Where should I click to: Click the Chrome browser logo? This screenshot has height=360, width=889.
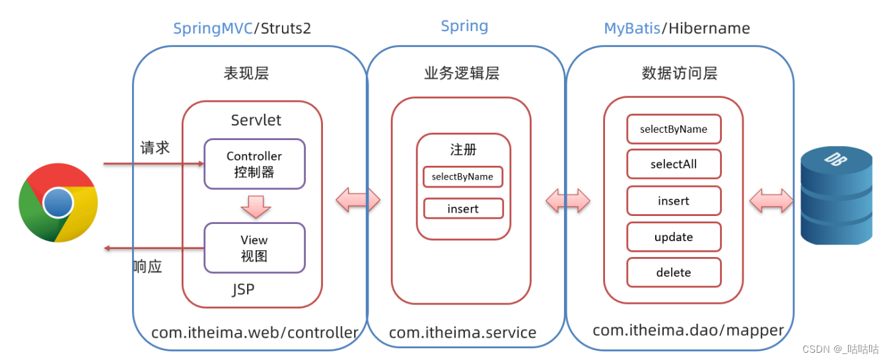58,203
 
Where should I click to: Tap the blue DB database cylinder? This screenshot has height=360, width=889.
836,196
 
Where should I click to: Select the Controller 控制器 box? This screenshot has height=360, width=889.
254,164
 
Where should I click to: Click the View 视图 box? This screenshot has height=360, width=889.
254,248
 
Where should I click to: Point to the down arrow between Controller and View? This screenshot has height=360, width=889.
255,206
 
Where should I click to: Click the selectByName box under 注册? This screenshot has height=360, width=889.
462,177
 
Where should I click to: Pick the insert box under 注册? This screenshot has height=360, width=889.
463,209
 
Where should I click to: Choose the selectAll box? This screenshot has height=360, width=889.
674,164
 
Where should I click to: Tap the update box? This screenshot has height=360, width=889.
674,237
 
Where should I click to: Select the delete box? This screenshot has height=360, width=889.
674,272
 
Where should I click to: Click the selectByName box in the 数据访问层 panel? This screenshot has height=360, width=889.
674,129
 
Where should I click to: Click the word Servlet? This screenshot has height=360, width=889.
256,120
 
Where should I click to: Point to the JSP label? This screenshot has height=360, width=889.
243,289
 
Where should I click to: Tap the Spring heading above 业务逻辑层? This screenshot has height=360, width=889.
464,26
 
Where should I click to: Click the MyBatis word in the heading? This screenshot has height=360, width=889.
633,28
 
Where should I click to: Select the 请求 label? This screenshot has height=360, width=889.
155,147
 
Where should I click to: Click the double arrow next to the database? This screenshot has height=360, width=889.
771,200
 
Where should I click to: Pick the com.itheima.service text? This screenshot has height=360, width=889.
462,332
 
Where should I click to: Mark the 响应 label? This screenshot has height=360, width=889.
147,267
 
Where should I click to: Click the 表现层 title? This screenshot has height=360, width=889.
246,73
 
